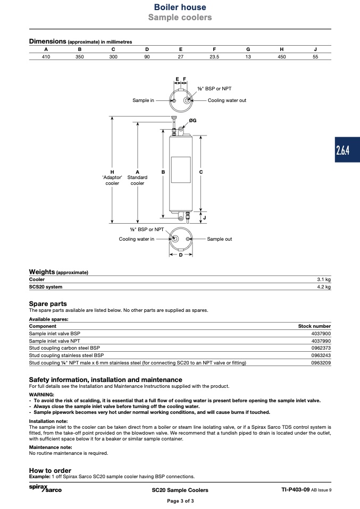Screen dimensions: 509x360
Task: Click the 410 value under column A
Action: coord(46,56)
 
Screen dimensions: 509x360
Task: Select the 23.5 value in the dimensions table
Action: coord(214,56)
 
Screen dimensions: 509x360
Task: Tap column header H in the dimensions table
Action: coord(282,49)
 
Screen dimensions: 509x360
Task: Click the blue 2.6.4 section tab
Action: coord(343,150)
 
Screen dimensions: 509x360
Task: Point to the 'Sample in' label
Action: coord(143,100)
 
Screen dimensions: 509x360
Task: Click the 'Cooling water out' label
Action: coord(227,100)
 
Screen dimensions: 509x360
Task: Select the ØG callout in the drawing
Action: coord(192,121)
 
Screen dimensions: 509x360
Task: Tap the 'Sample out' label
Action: coord(220,239)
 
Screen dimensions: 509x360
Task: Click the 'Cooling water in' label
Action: coord(137,239)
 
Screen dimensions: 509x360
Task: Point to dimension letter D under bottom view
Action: coord(181,255)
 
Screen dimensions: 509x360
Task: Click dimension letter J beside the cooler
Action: coord(205,218)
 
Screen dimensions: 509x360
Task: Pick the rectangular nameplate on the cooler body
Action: coord(180,170)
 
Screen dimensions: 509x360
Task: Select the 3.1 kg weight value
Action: coord(324,279)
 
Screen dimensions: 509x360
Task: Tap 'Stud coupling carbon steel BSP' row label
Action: coord(64,348)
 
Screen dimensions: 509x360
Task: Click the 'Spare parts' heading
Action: coord(48,304)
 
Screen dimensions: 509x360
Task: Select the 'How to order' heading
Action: coord(50,470)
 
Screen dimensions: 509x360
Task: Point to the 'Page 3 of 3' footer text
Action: coord(180,501)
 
